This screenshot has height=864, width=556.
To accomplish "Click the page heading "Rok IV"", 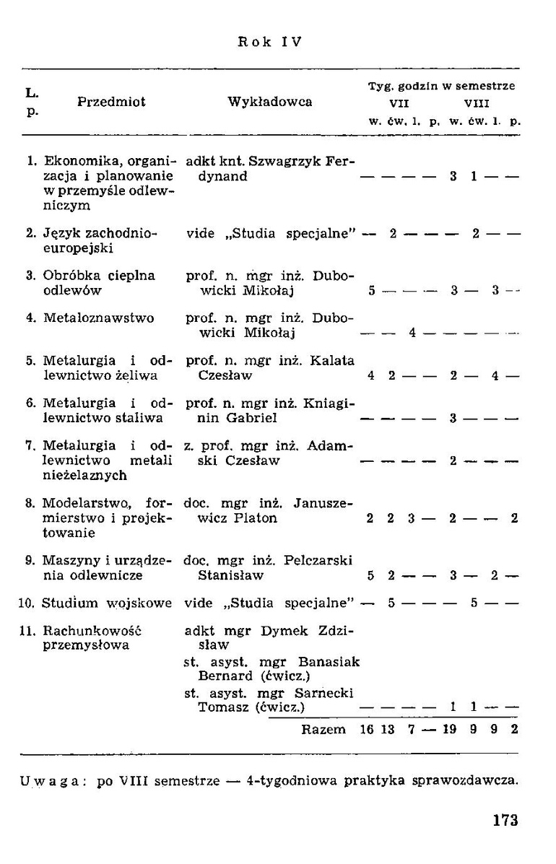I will (x=269, y=42).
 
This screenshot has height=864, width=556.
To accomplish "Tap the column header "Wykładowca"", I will (x=270, y=102).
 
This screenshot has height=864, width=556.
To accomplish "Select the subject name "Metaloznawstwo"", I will (x=98, y=318).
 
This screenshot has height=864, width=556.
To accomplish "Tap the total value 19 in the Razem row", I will (x=450, y=729).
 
